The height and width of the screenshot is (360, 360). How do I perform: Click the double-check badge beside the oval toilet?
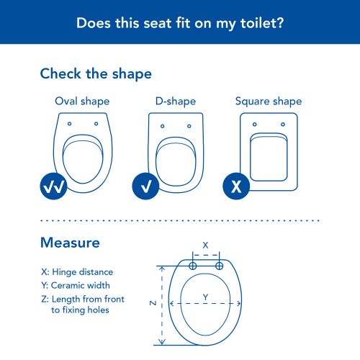[53, 186]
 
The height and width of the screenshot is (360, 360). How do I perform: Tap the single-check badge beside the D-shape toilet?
[145, 186]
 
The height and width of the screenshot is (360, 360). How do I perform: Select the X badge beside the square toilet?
[236, 186]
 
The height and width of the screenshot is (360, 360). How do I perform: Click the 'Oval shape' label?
[82, 102]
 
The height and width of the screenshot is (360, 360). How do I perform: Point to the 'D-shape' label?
[176, 102]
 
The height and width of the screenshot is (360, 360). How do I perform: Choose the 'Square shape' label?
[269, 102]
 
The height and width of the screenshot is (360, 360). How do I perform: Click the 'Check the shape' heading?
[96, 73]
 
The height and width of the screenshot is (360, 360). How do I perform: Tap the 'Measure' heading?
[70, 243]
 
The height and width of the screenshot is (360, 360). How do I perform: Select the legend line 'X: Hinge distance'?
[77, 272]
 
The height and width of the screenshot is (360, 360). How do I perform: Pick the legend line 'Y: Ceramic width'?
[76, 285]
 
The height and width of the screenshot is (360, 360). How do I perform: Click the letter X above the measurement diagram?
[205, 246]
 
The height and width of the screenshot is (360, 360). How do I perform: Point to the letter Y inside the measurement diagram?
[205, 297]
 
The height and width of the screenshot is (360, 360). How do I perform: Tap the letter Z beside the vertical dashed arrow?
[153, 303]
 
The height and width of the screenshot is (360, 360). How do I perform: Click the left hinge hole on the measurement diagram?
[193, 266]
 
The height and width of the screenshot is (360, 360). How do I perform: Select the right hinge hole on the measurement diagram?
[219, 266]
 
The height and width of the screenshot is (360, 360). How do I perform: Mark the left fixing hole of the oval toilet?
[69, 124]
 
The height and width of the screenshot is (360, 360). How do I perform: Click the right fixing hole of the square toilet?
[283, 125]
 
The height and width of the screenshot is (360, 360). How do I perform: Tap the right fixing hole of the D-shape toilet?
[189, 126]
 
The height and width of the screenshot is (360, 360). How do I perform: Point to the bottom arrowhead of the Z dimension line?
[162, 342]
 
